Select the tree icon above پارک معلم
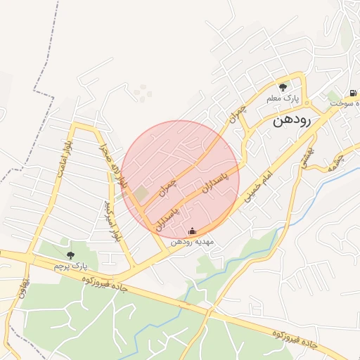click(x=283, y=87)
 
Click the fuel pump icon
click(x=351, y=93)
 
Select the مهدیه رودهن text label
click(x=193, y=242)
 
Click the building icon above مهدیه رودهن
click(x=192, y=231)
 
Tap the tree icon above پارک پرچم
click(x=69, y=255)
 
